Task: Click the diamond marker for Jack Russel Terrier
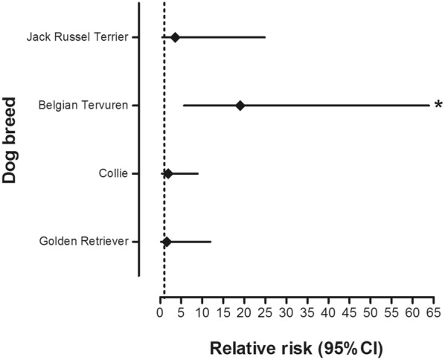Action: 175,37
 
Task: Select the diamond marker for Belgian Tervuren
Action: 240,106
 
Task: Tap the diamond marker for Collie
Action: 168,173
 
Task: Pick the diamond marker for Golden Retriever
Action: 167,242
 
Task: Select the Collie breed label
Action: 113,173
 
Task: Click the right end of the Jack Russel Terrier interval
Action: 265,37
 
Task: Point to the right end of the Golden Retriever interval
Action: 211,242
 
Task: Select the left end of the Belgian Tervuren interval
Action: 183,106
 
